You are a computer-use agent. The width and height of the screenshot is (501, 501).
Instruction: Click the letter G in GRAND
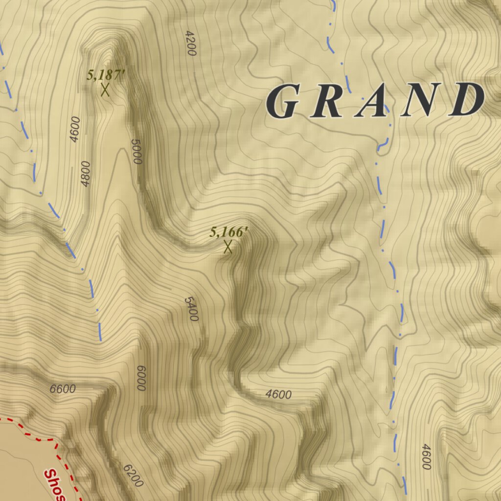point(282,102)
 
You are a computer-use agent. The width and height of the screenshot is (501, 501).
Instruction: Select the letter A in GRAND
point(372,102)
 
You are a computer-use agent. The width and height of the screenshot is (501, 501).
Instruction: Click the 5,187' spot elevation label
point(106,75)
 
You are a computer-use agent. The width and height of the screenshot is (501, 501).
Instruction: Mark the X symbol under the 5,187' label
point(105,90)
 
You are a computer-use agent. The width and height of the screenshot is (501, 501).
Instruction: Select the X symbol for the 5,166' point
point(228,247)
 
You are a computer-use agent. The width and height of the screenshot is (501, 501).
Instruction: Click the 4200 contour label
point(190,43)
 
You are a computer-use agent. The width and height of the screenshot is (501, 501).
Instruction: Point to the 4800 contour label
point(86,174)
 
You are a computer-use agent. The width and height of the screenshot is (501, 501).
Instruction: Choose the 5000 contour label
point(137,152)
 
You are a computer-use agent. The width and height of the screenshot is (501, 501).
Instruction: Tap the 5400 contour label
point(191,309)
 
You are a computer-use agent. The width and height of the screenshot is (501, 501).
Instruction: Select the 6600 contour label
point(63,389)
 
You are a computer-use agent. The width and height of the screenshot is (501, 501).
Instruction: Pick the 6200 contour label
point(133,475)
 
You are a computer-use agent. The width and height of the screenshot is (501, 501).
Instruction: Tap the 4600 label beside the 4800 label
point(74,129)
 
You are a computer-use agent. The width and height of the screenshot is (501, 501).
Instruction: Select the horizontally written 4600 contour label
point(278,394)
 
